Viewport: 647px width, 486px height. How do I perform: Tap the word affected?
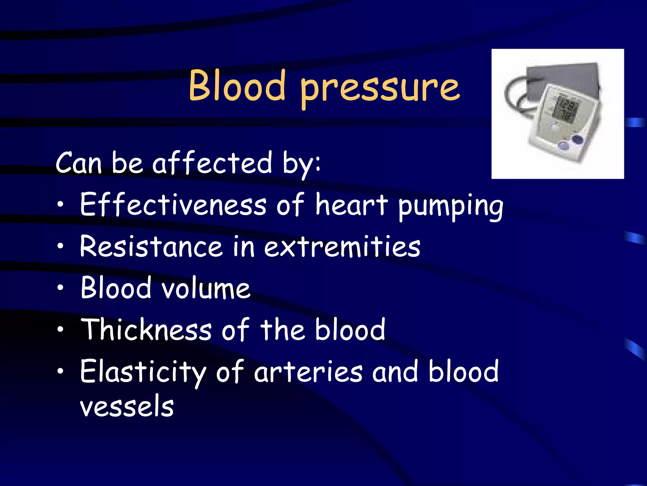[212, 163]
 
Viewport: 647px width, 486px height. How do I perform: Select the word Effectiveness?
[173, 205]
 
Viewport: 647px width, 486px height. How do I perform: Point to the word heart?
[351, 205]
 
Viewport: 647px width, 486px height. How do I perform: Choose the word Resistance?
[151, 247]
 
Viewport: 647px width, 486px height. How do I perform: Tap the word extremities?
[342, 247]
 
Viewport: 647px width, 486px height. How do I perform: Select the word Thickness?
[146, 330]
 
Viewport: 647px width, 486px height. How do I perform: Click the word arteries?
[308, 372]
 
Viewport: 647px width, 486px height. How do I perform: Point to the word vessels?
[127, 407]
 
